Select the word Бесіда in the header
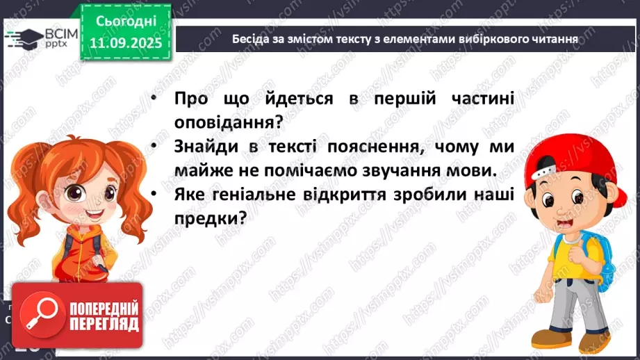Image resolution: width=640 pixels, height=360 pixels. [248, 39]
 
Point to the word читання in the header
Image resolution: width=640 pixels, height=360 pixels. [552, 39]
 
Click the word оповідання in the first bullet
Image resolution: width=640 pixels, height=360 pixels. [227, 122]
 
